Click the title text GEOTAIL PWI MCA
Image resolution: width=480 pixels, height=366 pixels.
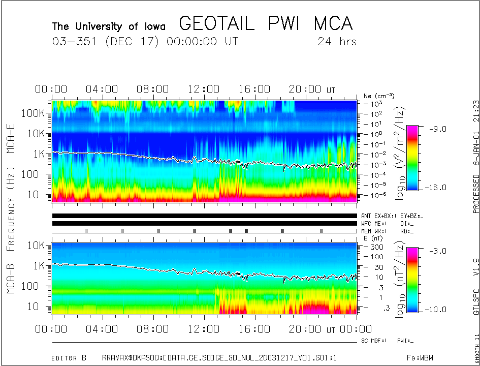266,24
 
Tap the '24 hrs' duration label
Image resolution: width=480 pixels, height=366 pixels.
337,42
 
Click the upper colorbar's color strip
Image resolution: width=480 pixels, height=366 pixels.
412,158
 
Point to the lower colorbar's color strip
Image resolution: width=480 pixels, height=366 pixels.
412,280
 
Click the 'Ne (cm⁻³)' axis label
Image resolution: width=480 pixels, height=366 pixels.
379,96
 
